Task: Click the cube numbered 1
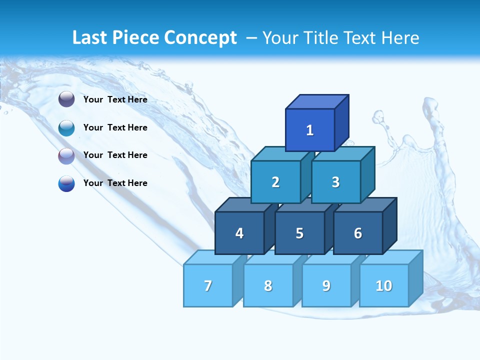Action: click(x=310, y=130)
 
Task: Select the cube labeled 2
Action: click(x=275, y=182)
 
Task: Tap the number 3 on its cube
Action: click(x=335, y=182)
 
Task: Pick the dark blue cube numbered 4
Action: click(x=239, y=233)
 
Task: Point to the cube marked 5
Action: click(x=299, y=233)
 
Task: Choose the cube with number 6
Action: click(x=358, y=233)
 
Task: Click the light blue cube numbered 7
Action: click(x=208, y=285)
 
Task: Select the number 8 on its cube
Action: click(x=268, y=285)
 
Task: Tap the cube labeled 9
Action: click(x=326, y=285)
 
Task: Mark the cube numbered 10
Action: click(x=384, y=285)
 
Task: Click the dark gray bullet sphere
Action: click(x=66, y=99)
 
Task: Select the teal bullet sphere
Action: click(x=66, y=128)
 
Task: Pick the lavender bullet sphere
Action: click(x=66, y=156)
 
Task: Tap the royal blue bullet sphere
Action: click(x=66, y=183)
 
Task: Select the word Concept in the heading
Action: click(x=200, y=37)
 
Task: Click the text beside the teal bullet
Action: click(x=115, y=127)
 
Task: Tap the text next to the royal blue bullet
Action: click(x=115, y=183)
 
